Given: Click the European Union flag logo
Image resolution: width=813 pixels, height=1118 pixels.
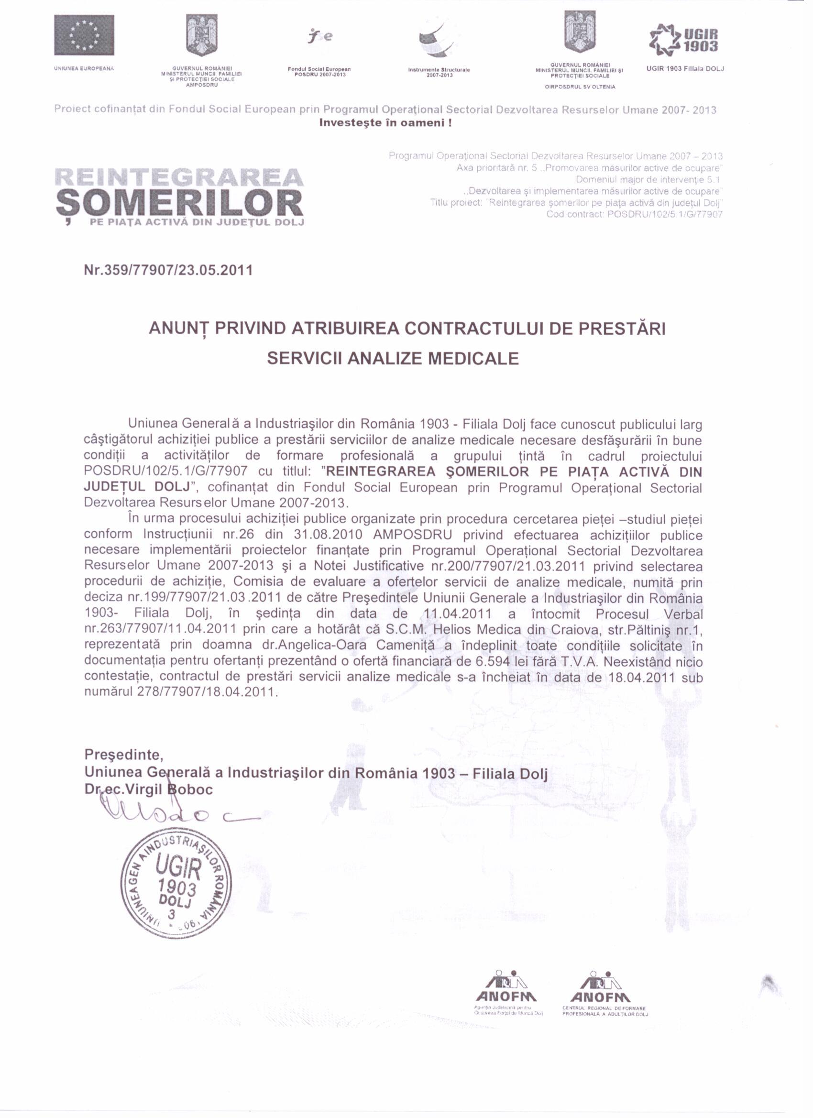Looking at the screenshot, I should coord(84,35).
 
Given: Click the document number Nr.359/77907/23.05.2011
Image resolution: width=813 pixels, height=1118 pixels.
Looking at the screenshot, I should coord(168,270).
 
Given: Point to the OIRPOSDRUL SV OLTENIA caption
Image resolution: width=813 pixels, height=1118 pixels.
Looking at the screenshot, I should coord(580,87).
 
